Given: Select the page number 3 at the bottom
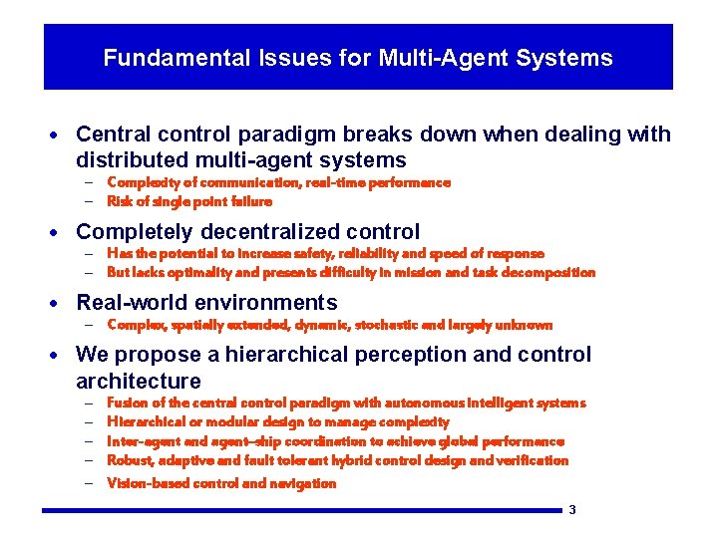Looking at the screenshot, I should click(x=572, y=510).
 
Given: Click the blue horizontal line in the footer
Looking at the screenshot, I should click(x=299, y=511).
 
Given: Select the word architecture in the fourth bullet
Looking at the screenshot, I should click(x=138, y=382).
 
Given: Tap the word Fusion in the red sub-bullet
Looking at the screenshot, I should click(x=126, y=403).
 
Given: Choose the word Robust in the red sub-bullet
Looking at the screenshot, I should click(x=128, y=460).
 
